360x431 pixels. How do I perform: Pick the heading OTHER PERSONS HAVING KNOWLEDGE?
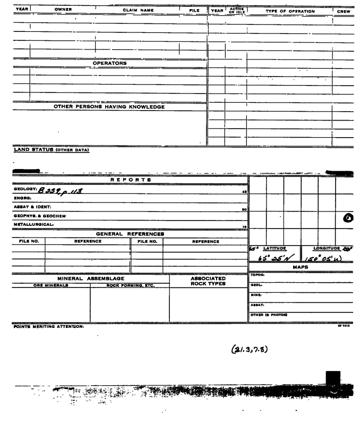pyautogui.click(x=109, y=107)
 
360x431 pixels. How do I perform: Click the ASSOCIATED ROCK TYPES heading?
pyautogui.click(x=208, y=281)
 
